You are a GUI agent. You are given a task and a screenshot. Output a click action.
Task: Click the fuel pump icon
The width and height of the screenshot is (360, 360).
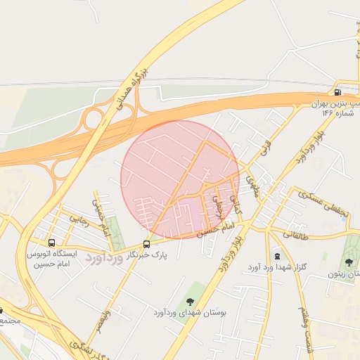[338, 92]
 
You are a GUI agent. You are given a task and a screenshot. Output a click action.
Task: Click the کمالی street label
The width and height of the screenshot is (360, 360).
[236, 204]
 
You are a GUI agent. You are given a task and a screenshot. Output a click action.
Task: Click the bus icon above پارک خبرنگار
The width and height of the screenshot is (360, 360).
[146, 244]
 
